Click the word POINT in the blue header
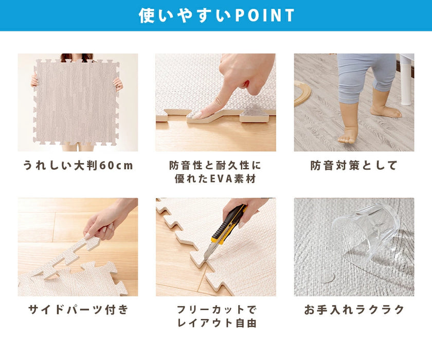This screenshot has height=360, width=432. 264,15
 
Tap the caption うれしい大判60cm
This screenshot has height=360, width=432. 78,166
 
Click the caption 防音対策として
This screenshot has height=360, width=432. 354,166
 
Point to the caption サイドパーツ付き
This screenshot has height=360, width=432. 78,310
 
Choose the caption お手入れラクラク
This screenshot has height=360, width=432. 354,310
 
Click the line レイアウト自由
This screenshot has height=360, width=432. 217,323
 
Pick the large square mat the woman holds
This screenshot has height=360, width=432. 77,102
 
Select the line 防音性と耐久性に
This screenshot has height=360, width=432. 215,165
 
